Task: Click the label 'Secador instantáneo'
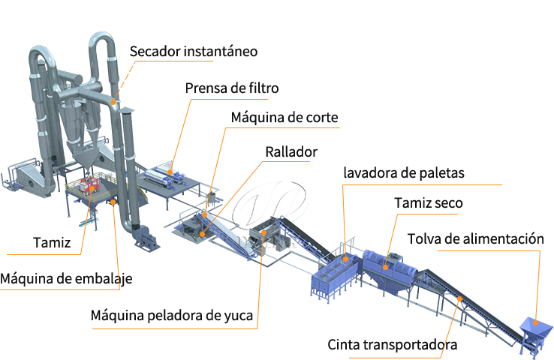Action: [193, 52]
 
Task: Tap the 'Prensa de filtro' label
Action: [231, 88]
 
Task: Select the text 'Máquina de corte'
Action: [285, 118]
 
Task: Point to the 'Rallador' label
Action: [291, 151]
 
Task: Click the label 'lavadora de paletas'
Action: [404, 173]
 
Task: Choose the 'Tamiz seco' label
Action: [428, 203]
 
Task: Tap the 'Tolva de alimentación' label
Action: [475, 240]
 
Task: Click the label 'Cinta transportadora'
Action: [392, 345]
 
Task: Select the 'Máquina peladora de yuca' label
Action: [173, 315]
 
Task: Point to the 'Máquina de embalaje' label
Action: [66, 279]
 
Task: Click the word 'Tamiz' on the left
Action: [52, 242]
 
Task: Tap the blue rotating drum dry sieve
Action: [391, 263]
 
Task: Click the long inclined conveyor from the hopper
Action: [465, 303]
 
